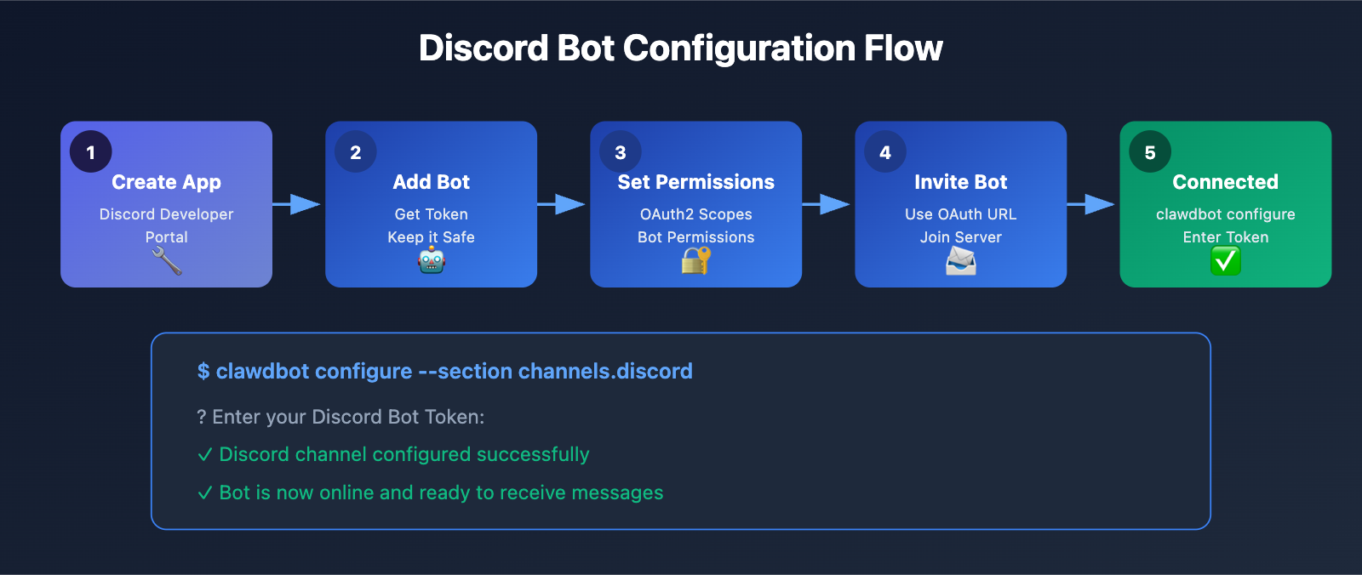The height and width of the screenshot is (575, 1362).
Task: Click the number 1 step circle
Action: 91,152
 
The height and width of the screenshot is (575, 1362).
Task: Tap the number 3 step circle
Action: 621,152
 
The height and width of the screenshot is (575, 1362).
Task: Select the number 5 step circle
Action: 1150,152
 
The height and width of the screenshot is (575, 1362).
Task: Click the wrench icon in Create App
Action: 167,261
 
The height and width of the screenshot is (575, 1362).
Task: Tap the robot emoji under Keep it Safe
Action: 432,261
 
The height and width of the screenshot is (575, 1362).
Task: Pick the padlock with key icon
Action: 695,261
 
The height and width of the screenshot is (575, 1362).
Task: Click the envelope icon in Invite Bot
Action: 961,261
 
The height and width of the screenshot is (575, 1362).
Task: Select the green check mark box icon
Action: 1226,261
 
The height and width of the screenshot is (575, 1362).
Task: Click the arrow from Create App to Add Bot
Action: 298,204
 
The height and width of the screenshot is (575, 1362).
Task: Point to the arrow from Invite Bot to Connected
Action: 1092,204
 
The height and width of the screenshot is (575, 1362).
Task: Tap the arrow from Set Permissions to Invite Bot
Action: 827,204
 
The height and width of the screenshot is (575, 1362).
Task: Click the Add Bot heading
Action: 432,182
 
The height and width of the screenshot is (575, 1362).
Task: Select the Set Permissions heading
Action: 696,182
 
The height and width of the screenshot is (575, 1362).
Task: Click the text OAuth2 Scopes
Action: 696,214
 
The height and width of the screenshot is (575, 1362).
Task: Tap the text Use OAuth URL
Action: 961,214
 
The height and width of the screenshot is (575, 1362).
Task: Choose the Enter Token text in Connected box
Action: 1226,237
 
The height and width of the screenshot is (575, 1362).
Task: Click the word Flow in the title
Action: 903,48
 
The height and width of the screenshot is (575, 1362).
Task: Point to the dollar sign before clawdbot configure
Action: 203,372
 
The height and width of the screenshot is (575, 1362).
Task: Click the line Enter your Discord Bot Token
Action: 340,417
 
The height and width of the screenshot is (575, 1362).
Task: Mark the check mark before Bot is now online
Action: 205,493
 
